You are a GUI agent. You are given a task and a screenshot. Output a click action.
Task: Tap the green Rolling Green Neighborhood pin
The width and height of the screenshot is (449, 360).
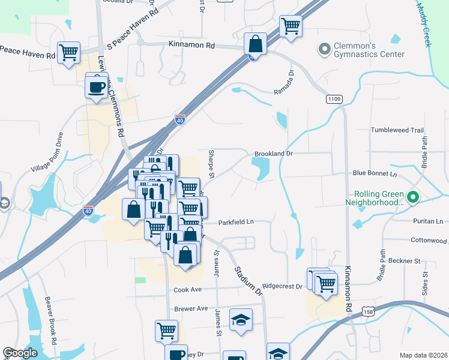pyautogui.click(x=412, y=197)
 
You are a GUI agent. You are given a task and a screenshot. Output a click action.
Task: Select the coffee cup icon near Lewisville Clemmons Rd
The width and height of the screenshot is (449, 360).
pyautogui.click(x=97, y=88)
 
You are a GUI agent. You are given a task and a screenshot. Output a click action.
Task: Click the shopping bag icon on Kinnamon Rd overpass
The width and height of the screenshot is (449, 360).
pyautogui.click(x=255, y=44)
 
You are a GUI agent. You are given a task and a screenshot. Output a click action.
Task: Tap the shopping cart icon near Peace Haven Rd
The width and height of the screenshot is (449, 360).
pyautogui.click(x=68, y=52)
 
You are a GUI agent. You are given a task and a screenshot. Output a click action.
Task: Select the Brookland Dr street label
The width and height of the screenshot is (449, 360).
pyautogui.click(x=273, y=154)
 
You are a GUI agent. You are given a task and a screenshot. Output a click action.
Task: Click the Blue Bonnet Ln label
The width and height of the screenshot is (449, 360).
pyautogui.click(x=375, y=173)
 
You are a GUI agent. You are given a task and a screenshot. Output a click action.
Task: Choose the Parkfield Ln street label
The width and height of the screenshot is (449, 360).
pyautogui.click(x=236, y=222)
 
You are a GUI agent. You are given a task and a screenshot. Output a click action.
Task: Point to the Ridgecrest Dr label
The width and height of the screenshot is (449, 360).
pyautogui.click(x=282, y=287)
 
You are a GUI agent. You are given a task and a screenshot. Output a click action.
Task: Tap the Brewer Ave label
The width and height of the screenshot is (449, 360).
pyautogui.click(x=190, y=308)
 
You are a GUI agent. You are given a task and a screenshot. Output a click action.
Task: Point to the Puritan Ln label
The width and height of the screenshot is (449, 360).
pyautogui.click(x=427, y=221)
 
